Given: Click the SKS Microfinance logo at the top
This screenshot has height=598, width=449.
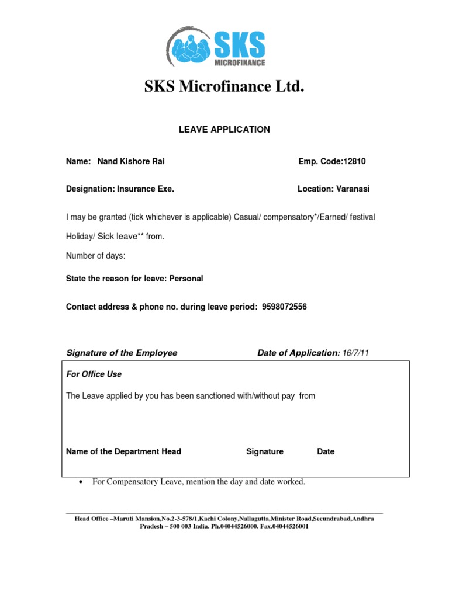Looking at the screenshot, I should (x=216, y=47).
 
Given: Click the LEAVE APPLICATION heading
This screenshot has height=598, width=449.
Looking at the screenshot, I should (x=224, y=130).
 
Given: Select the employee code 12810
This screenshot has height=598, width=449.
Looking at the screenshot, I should (x=354, y=162).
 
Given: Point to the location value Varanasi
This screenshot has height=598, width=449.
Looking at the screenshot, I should (x=353, y=189).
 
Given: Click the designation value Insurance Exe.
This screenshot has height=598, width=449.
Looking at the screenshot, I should (x=146, y=189).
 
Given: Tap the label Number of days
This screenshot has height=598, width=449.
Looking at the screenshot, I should (x=95, y=256).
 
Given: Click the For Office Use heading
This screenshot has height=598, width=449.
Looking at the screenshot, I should (x=94, y=374).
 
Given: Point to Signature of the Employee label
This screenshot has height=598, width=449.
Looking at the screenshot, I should (x=122, y=353).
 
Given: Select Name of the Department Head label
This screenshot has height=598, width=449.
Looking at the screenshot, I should (x=123, y=451).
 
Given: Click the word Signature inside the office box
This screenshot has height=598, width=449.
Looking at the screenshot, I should (x=265, y=451).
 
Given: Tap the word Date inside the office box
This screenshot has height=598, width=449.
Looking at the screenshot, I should (x=326, y=451).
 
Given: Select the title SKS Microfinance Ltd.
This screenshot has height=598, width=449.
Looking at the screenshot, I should (x=224, y=88).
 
